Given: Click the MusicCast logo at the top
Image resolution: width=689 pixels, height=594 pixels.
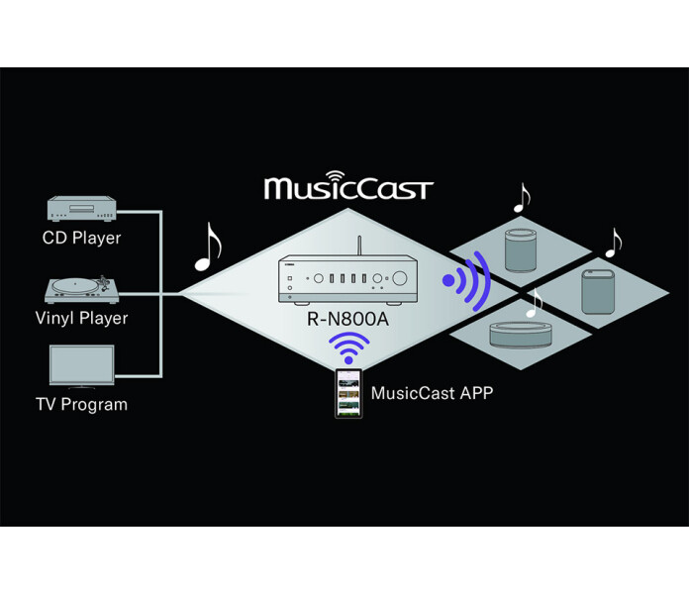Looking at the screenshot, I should click(348, 186).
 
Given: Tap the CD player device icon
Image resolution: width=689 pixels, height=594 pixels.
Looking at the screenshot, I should click(81, 210).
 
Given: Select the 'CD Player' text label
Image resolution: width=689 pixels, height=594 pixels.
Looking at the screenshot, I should click(81, 238).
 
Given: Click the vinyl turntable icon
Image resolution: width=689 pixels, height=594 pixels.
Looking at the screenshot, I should click(82, 290).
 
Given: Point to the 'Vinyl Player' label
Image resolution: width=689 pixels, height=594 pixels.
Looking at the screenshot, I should click(82, 319).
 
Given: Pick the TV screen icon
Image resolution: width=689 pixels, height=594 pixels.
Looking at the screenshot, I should click(81, 364).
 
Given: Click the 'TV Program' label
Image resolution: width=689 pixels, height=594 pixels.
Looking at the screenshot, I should click(81, 404).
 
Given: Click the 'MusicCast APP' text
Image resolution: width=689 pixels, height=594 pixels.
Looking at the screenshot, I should click(432, 393).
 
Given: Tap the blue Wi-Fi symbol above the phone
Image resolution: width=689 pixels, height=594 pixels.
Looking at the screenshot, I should click(348, 348).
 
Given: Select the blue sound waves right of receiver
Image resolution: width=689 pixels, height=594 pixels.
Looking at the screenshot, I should click(468, 280).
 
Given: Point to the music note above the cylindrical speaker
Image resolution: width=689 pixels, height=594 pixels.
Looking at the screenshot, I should click(521, 199).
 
